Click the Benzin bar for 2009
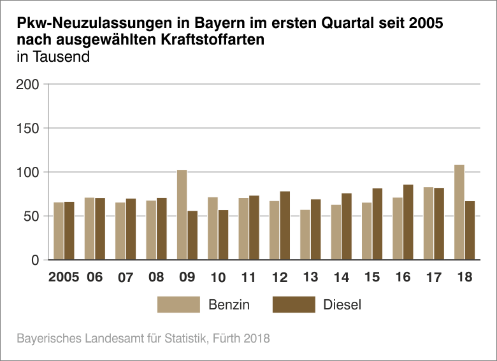(182, 215)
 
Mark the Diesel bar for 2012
(285, 225)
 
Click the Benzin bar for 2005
(59, 231)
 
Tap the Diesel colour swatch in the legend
(294, 304)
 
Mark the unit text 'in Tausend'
(54, 56)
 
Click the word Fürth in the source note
(228, 339)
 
